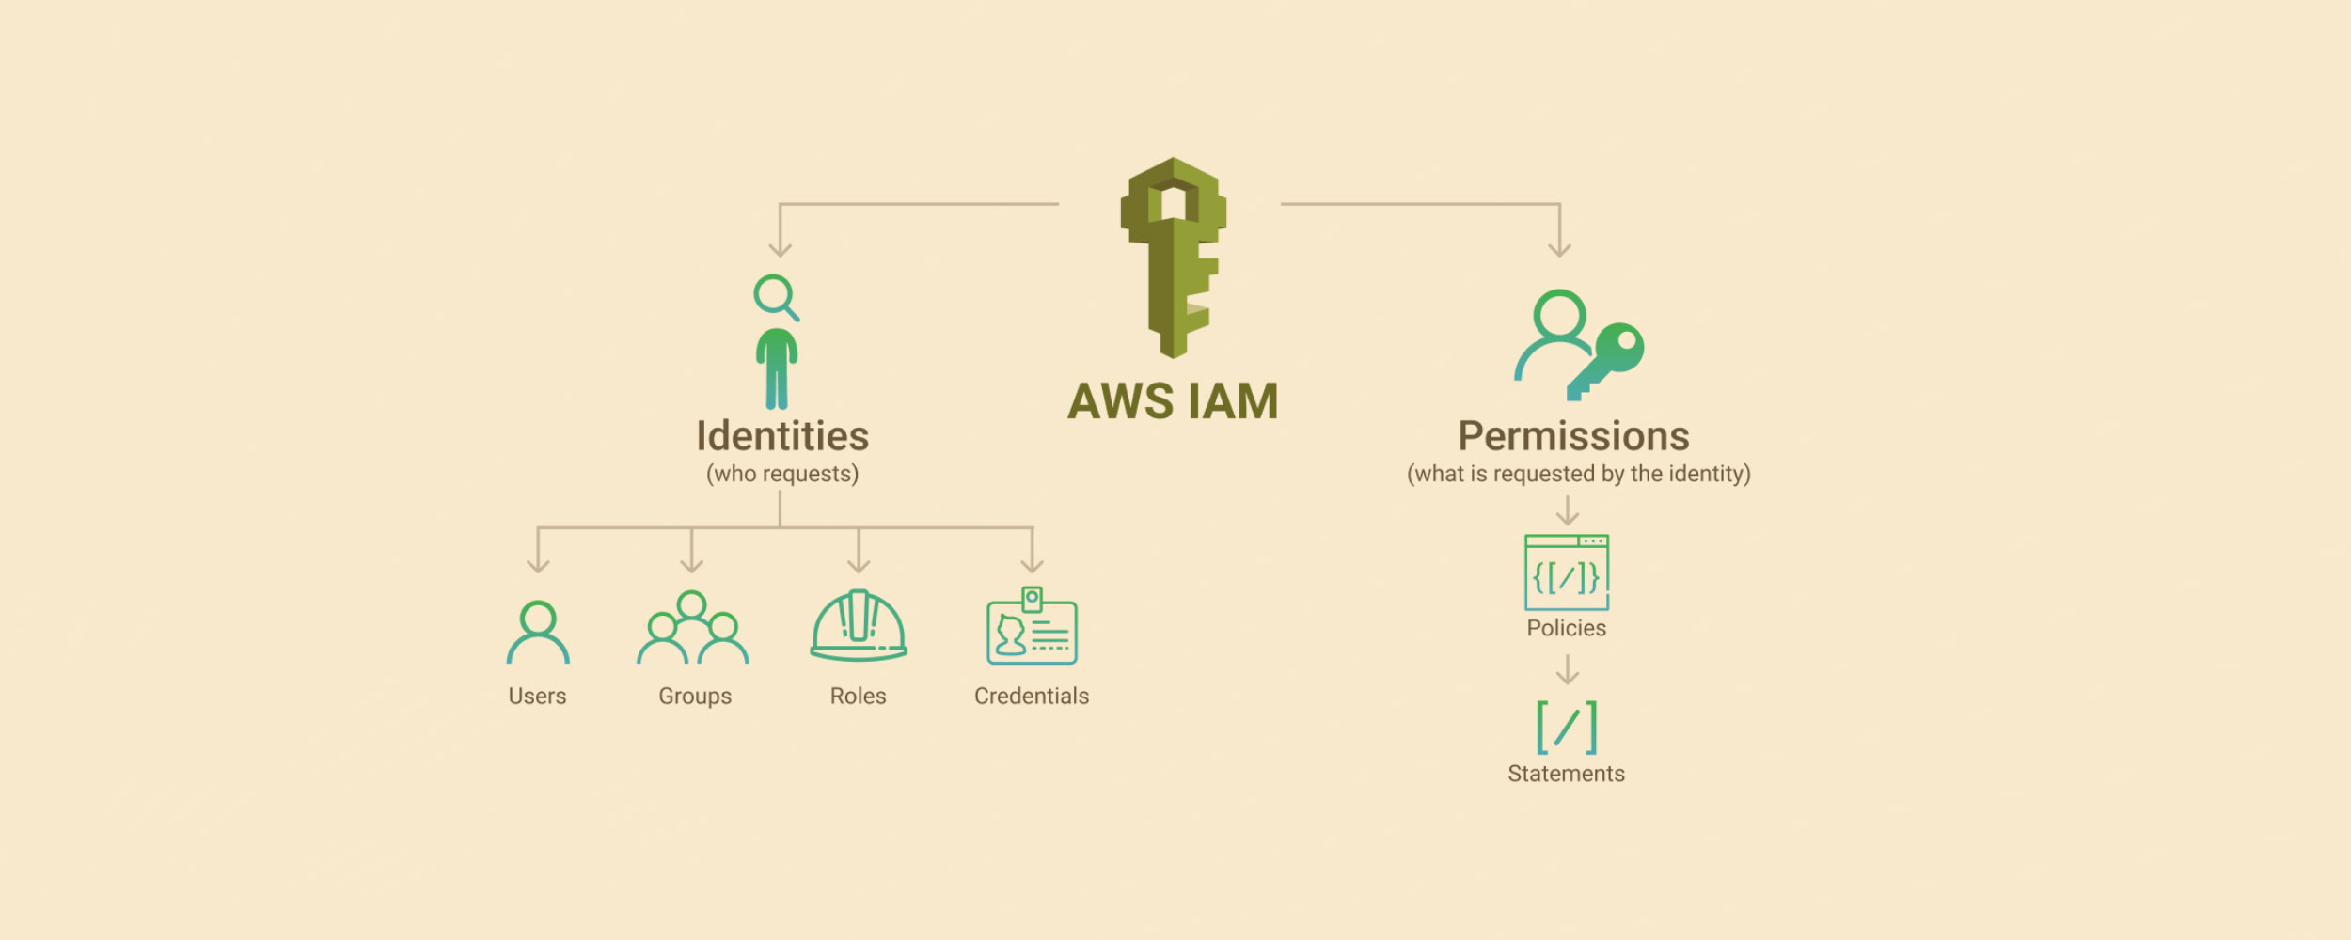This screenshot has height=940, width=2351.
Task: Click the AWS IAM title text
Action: coord(1173,401)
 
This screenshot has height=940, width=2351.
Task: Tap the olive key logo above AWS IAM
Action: coord(1173,258)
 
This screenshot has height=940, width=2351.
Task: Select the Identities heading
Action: coord(782,436)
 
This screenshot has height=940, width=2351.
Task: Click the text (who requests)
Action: coord(782,474)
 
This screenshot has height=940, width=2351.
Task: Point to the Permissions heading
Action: coord(1573,436)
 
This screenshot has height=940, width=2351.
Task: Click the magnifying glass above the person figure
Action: coord(776,297)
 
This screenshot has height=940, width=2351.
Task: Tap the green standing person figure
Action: coord(777,368)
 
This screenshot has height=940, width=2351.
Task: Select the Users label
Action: coord(537,697)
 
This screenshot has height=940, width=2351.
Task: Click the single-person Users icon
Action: coord(538,632)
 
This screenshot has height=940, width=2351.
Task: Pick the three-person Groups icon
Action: coord(693,627)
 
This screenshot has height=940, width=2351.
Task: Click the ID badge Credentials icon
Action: coord(1032,625)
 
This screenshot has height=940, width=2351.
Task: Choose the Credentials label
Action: coord(1032,697)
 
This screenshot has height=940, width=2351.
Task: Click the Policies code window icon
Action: coord(1567,572)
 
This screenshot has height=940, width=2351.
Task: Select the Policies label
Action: coord(1567,628)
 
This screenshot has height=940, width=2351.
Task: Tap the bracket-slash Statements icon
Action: coord(1567,727)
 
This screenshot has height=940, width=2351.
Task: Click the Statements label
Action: coord(1567,774)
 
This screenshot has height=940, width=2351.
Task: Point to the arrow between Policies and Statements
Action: coord(1568,669)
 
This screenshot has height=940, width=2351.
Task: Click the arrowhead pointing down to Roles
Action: coord(859,565)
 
